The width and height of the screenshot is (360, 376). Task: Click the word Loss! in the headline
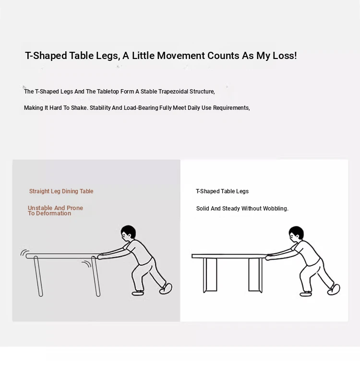[x=285, y=56]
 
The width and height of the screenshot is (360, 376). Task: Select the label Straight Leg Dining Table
[x=61, y=191]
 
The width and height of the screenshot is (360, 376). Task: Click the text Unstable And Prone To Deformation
[x=56, y=211]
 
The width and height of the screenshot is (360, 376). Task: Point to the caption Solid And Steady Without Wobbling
[x=242, y=208]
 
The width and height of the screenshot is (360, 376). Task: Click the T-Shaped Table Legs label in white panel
[x=222, y=191]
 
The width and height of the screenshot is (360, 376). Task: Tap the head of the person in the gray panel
[x=128, y=232]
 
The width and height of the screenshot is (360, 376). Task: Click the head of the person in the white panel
[x=297, y=233]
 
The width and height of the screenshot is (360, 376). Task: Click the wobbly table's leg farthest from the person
[x=38, y=276]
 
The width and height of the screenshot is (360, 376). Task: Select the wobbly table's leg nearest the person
[x=96, y=276]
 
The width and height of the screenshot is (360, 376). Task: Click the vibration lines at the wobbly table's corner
[x=24, y=253]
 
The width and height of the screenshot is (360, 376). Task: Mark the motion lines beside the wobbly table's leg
[x=87, y=264]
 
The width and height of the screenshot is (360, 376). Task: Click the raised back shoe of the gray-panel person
[x=166, y=289]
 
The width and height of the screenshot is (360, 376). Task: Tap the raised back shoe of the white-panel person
[x=334, y=290]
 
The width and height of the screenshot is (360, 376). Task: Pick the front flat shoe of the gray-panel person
[x=138, y=293]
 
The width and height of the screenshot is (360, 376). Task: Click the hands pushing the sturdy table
[x=268, y=257]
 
